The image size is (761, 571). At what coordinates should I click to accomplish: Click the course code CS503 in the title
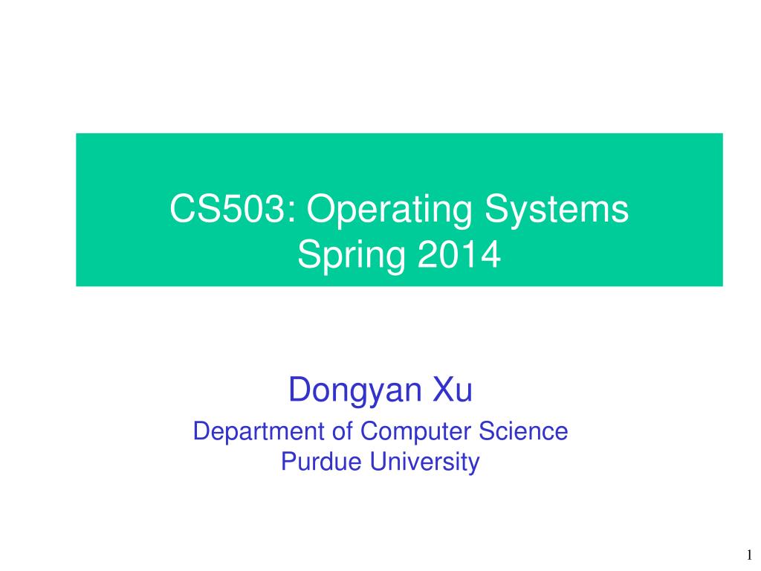[227, 209]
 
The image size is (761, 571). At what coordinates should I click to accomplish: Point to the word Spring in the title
[352, 255]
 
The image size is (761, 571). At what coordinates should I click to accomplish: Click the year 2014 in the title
[459, 254]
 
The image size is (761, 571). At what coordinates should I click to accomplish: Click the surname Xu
[453, 390]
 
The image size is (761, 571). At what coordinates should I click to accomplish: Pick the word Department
[259, 432]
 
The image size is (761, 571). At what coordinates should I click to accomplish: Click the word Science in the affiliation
[523, 431]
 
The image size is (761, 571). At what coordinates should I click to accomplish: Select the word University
[424, 462]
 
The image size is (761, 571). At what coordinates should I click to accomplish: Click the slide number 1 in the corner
[749, 555]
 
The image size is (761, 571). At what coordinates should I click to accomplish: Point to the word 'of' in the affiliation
[342, 431]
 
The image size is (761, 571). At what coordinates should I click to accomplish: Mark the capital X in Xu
[443, 389]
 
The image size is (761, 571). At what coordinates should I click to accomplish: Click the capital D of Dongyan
[300, 389]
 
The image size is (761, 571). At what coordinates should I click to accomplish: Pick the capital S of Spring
[309, 254]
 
